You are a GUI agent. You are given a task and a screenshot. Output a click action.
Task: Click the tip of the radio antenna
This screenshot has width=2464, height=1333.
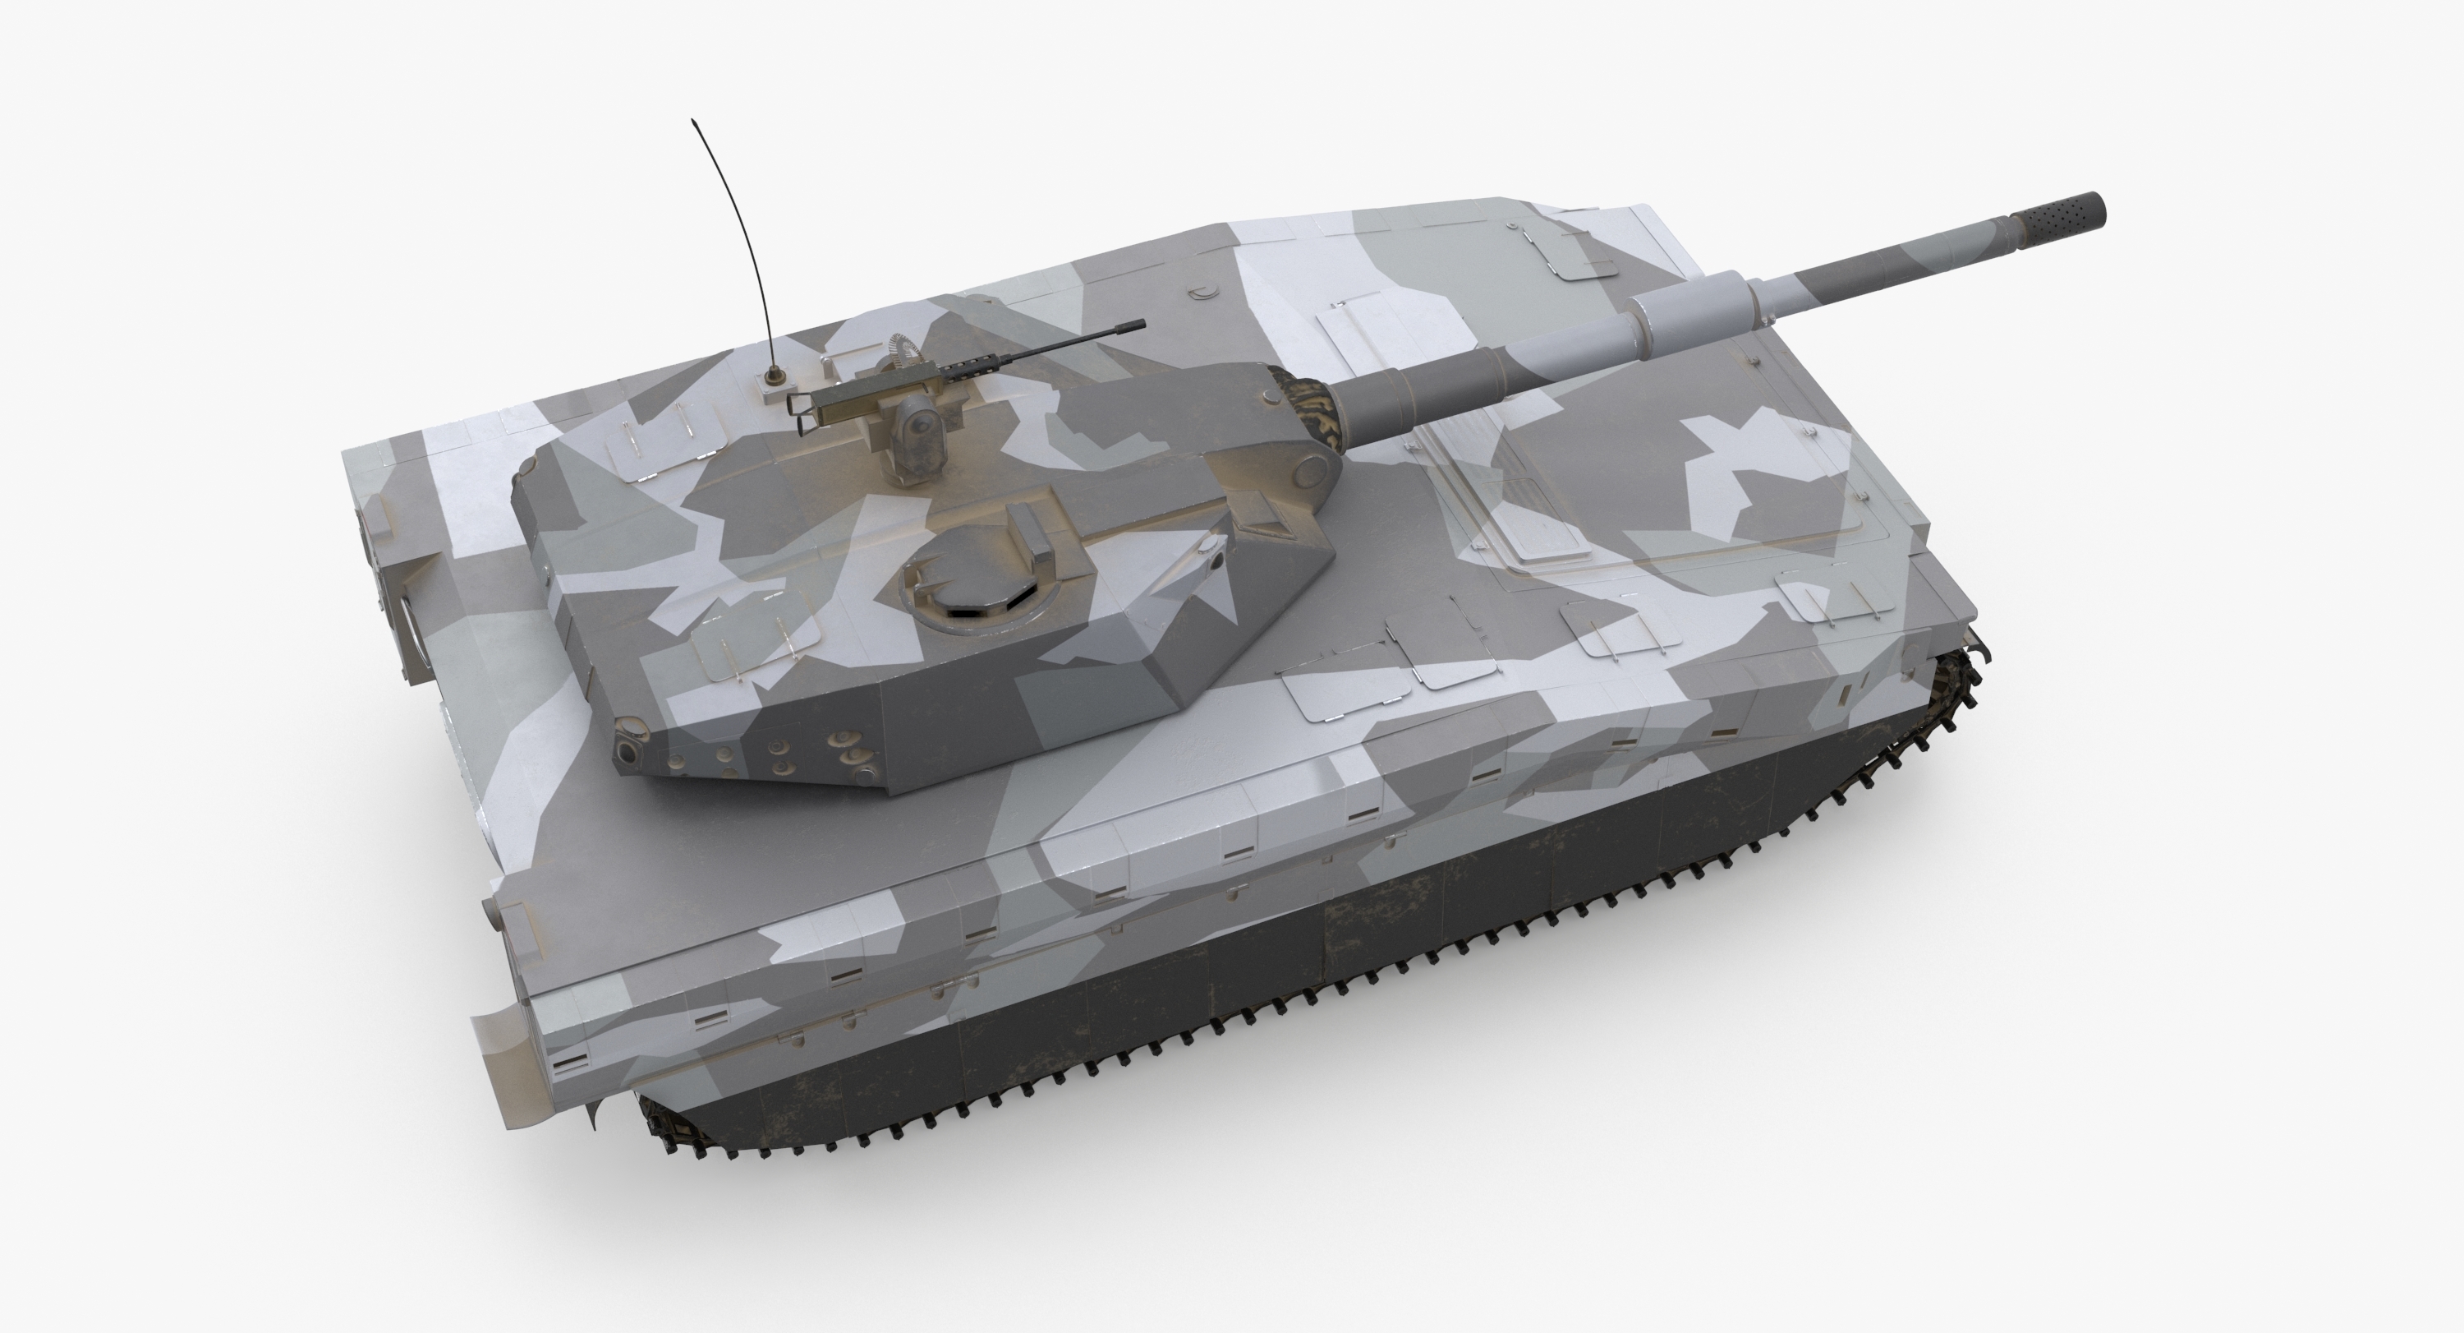tap(693, 122)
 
